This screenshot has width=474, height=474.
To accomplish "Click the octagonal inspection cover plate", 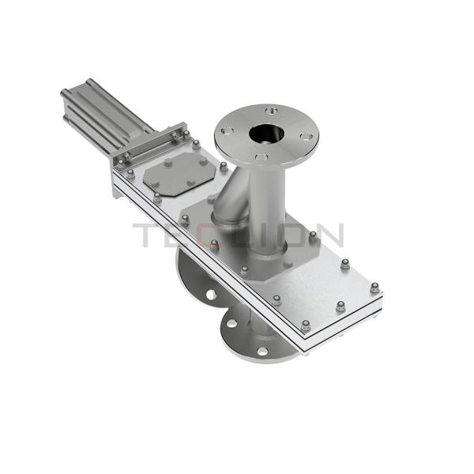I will tap(178, 173).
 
